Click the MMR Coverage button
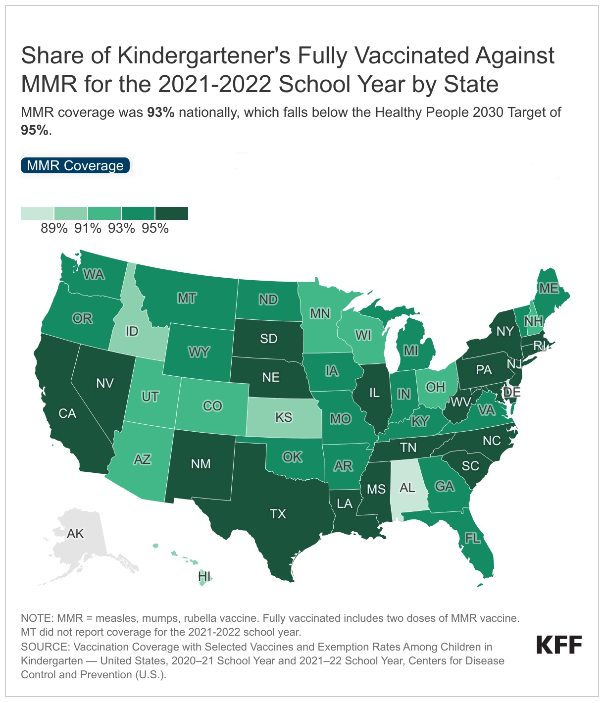[x=75, y=165]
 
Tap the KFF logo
[x=559, y=645]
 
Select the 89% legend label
[x=54, y=228]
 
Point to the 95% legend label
[x=155, y=228]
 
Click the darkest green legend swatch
[x=171, y=213]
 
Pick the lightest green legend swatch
[x=37, y=213]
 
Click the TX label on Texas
[x=278, y=514]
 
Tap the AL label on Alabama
[x=407, y=488]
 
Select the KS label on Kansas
[x=284, y=417]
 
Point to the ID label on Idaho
[x=132, y=331]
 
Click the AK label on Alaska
[x=75, y=534]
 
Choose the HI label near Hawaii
[x=204, y=576]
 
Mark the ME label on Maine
[x=549, y=288]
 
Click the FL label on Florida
[x=473, y=538]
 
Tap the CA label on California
[x=67, y=413]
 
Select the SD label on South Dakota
[x=269, y=339]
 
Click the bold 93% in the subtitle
[x=160, y=112]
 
